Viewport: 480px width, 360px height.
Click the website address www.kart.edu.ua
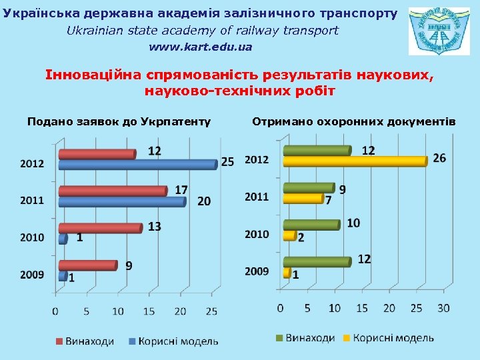[x=201, y=47]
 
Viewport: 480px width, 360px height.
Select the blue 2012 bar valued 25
[x=137, y=164]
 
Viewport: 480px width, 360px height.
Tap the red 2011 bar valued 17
[x=112, y=191]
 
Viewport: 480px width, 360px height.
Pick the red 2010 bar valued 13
[x=100, y=228]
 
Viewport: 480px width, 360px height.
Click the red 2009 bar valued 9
[x=87, y=265]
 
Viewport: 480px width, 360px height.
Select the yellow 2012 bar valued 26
[x=355, y=161]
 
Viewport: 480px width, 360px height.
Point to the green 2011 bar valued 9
[x=309, y=188]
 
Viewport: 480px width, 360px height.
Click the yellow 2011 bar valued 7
[x=303, y=198]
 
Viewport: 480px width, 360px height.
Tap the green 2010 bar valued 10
[x=311, y=225]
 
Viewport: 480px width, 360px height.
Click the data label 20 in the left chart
[x=204, y=201]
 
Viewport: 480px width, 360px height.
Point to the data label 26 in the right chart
[x=439, y=158]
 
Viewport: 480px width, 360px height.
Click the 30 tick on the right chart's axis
[x=443, y=308]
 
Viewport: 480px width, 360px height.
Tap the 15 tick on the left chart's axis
[x=149, y=311]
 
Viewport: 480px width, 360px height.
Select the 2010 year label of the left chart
[x=32, y=237]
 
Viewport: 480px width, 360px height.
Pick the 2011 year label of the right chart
[x=257, y=197]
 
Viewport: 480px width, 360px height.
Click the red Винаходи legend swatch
[x=59, y=341]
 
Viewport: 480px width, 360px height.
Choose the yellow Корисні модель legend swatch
[x=347, y=339]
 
